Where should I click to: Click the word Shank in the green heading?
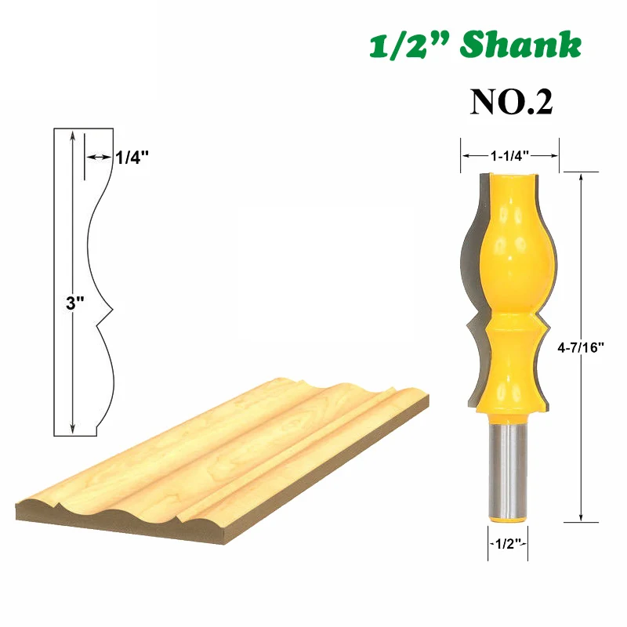(x=521, y=46)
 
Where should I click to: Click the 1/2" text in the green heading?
(x=409, y=46)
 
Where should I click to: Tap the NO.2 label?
(x=511, y=101)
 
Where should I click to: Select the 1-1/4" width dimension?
(x=509, y=156)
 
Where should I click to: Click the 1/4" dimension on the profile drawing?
(x=132, y=158)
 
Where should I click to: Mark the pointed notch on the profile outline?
(x=102, y=317)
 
